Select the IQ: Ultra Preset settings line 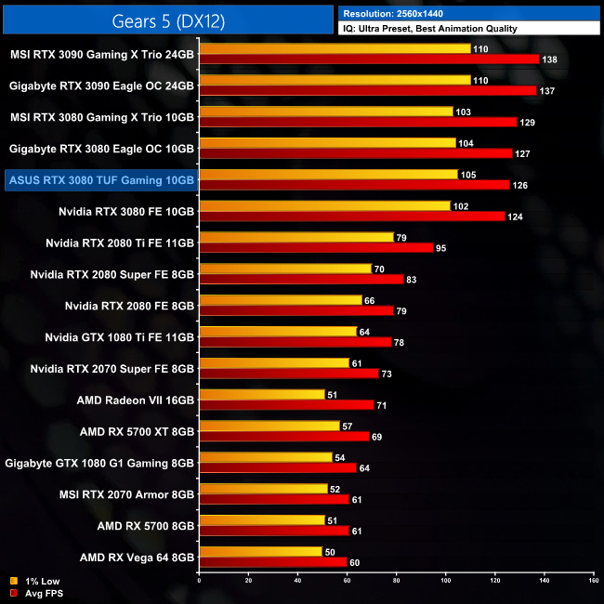coord(428,29)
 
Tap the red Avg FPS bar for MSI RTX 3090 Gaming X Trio coord(368,59)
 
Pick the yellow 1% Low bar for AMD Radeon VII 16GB coord(261,395)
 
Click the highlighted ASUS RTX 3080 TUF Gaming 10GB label coord(100,180)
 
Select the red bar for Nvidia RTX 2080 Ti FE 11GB coord(315,248)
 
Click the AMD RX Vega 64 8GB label coord(137,558)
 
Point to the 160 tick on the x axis coord(594,580)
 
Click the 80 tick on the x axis coord(396,580)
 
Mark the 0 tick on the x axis coord(199,580)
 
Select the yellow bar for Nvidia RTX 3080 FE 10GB coord(323,205)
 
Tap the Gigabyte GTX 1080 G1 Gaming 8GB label coord(99,463)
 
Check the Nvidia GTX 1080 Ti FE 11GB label coord(121,336)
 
